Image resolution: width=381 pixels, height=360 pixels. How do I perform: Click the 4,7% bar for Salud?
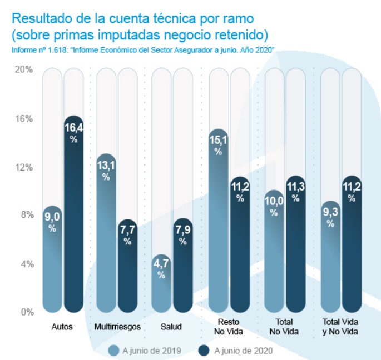pyautogui.click(x=161, y=283)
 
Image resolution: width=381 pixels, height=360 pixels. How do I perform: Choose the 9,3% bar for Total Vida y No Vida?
pyautogui.click(x=330, y=256)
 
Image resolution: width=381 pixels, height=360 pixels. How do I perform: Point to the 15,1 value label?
pyautogui.click(x=218, y=140)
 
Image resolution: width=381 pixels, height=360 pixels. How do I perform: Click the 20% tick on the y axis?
pyautogui.click(x=24, y=70)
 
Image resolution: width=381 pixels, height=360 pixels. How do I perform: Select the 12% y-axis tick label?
pyautogui.click(x=24, y=167)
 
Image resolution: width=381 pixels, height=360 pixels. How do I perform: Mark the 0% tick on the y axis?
pyautogui.click(x=26, y=312)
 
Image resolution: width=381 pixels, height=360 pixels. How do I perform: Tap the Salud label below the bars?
pyautogui.click(x=172, y=327)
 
